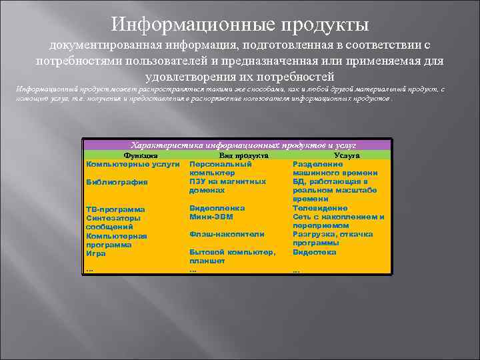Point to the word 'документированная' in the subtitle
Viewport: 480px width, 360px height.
coord(98,45)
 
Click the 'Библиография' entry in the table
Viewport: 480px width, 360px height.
coord(117,182)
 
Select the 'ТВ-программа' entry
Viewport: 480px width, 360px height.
coord(115,209)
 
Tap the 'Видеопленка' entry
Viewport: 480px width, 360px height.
coord(217,208)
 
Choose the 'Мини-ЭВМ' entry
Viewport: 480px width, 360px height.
coord(211,217)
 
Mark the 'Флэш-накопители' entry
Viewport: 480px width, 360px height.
coord(227,235)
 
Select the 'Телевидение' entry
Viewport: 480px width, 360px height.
coord(320,208)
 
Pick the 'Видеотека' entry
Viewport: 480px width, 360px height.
coord(315,253)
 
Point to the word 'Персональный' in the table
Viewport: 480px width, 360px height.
coord(221,163)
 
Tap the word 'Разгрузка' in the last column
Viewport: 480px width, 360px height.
coord(315,235)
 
